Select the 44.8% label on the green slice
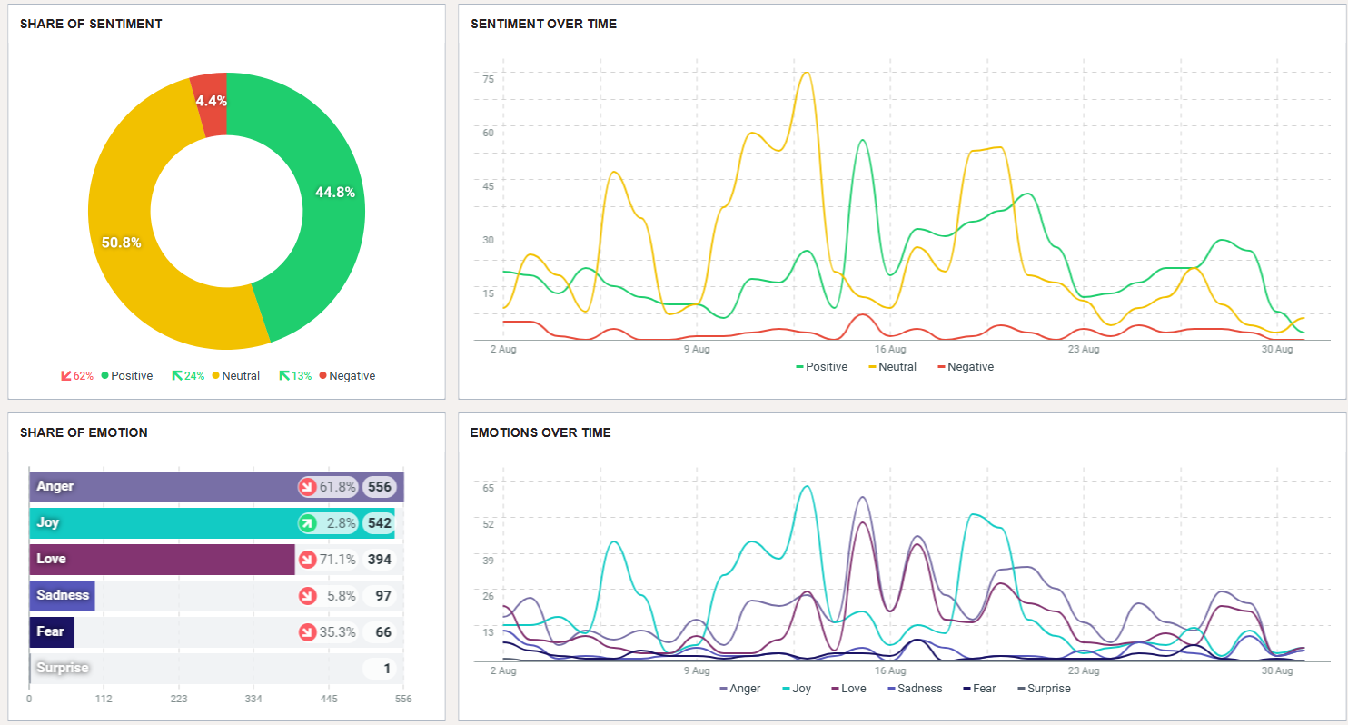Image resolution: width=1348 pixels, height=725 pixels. pyautogui.click(x=334, y=193)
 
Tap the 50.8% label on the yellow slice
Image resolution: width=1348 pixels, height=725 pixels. pyautogui.click(x=121, y=243)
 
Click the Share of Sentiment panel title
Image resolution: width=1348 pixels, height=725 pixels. pyautogui.click(x=91, y=24)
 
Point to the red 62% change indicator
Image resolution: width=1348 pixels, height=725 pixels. pyautogui.click(x=77, y=376)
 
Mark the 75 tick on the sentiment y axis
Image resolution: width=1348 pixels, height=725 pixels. pyautogui.click(x=488, y=79)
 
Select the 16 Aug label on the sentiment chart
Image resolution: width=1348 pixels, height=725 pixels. pyautogui.click(x=890, y=349)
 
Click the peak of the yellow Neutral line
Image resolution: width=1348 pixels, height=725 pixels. pyautogui.click(x=805, y=73)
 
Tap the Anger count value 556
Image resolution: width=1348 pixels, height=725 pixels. pyautogui.click(x=380, y=487)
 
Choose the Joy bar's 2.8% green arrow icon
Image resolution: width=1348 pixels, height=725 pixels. pyautogui.click(x=307, y=523)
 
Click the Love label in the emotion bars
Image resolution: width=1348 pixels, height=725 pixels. pyautogui.click(x=51, y=559)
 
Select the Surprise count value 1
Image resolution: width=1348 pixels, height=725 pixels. pyautogui.click(x=387, y=669)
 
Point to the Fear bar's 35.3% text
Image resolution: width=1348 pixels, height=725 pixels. pyautogui.click(x=338, y=632)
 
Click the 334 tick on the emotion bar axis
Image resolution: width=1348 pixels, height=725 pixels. pyautogui.click(x=253, y=700)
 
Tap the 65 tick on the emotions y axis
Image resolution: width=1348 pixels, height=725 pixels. pyautogui.click(x=488, y=488)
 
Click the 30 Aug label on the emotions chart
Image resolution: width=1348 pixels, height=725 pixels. pyautogui.click(x=1277, y=670)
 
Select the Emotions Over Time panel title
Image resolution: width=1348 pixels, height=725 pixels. pyautogui.click(x=540, y=432)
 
